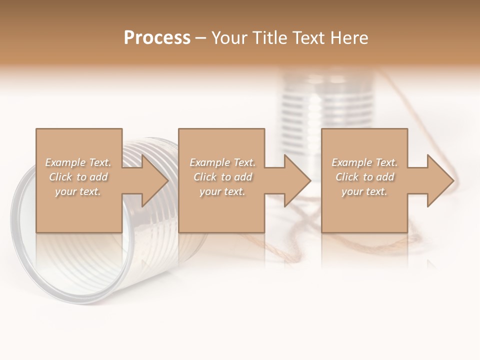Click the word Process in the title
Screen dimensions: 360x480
pos(157,38)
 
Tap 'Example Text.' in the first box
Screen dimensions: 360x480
pos(78,162)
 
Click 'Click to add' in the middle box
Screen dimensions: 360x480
pos(222,177)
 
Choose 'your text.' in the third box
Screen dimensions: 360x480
pos(364,191)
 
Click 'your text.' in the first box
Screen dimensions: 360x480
pos(78,191)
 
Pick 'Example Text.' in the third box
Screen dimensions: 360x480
pos(364,162)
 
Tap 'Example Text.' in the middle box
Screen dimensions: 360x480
pos(222,162)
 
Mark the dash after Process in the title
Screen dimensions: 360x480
pos(200,38)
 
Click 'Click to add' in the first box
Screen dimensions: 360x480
pos(78,177)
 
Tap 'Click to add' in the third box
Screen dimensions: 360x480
pos(364,177)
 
